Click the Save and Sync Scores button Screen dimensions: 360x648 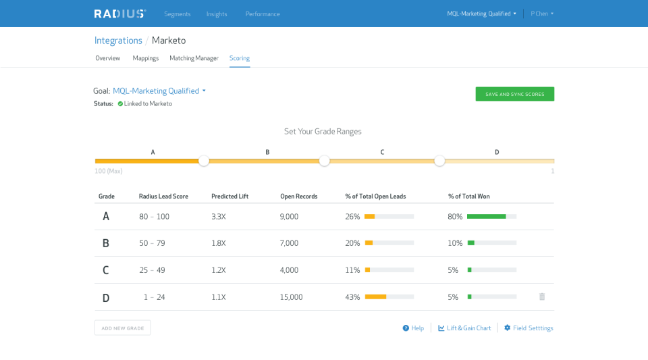514,94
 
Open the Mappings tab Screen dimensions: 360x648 146,58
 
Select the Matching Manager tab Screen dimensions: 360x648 194,58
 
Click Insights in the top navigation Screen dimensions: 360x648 217,14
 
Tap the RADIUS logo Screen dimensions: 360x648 120,14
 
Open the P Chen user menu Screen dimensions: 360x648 541,14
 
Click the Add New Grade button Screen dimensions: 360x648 122,328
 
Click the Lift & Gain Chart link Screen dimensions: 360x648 464,328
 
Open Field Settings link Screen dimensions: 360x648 529,328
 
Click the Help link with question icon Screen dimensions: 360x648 413,328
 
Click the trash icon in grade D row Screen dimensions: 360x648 542,297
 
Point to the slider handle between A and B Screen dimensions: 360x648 204,161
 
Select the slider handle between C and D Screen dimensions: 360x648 439,161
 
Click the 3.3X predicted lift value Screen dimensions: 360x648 219,216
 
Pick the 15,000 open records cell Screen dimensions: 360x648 291,297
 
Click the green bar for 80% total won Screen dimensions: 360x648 486,216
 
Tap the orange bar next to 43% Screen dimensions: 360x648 375,297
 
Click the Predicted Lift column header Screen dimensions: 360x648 230,196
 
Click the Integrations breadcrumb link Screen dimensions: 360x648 118,41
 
